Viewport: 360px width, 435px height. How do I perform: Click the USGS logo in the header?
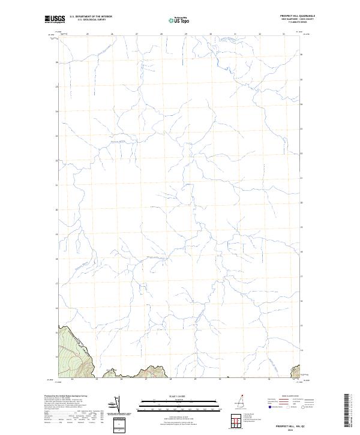tap(54, 19)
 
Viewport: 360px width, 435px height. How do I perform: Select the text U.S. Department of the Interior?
tap(91, 16)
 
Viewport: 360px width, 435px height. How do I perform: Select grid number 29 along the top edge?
tap(186, 34)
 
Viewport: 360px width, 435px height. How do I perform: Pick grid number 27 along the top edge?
tap(137, 34)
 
